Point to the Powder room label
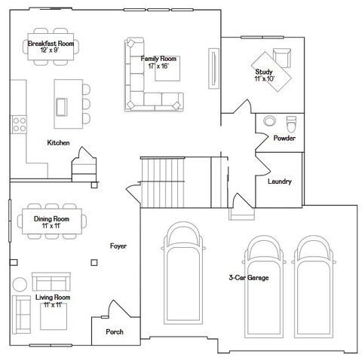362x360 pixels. coord(284,139)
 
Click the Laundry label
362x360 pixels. coord(279,182)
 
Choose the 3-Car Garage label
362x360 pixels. coord(249,277)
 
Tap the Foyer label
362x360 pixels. coord(118,246)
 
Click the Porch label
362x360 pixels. coord(115,331)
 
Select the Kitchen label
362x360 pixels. coord(58,142)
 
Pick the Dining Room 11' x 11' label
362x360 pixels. coord(51,221)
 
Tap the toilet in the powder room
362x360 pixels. coord(292,123)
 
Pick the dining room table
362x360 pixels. coord(51,221)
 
